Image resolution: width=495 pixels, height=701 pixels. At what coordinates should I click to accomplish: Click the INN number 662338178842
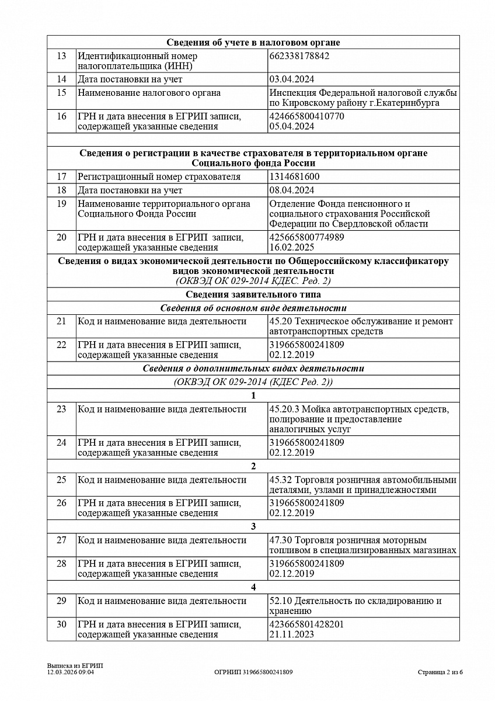tap(299, 56)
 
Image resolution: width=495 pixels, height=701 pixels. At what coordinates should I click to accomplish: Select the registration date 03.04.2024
tap(292, 79)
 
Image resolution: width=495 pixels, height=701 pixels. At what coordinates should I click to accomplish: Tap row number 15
tap(61, 93)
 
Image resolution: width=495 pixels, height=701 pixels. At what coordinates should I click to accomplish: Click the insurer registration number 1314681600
tap(294, 177)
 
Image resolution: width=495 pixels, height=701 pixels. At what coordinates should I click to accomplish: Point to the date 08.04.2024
tap(292, 190)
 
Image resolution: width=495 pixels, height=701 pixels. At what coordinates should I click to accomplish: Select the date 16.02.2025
tap(292, 248)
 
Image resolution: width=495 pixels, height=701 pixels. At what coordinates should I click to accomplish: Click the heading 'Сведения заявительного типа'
tap(253, 295)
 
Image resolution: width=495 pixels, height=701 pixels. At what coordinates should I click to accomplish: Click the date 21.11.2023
tap(292, 634)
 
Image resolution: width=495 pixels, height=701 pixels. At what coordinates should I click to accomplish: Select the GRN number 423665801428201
tap(306, 624)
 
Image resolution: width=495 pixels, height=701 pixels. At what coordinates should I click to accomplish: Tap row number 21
tap(61, 321)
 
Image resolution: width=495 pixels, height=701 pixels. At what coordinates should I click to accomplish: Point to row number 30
tap(61, 624)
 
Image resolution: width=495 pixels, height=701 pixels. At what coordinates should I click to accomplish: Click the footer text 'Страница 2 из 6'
tap(440, 672)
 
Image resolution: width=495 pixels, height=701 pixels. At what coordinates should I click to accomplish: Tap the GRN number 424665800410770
tap(306, 116)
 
